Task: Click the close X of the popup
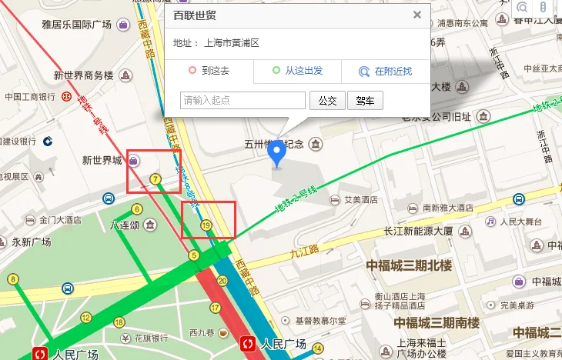(417, 15)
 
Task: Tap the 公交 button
(327, 100)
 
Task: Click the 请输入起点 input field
(243, 100)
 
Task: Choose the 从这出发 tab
(297, 72)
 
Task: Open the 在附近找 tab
(385, 72)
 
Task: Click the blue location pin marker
(276, 156)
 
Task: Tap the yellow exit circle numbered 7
(156, 179)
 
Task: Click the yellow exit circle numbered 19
(206, 225)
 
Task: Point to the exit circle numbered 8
(12, 278)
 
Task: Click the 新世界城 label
(102, 161)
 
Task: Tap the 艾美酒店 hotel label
(360, 200)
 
